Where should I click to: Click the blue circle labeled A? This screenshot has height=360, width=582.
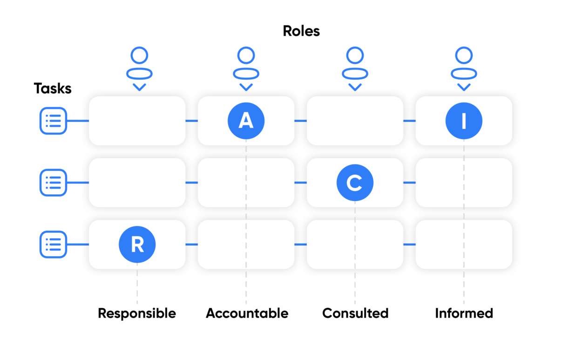pos(246,121)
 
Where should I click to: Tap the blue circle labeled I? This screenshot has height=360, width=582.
pos(464,121)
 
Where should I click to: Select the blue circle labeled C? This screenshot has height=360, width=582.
pos(355,183)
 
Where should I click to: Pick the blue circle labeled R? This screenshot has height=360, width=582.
pos(137,245)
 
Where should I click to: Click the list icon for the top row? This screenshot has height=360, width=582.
pos(53,121)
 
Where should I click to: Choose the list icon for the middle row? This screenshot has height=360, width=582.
pos(53,183)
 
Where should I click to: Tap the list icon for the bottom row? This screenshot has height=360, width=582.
pos(53,245)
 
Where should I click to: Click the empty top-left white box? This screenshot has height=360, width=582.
pos(137,121)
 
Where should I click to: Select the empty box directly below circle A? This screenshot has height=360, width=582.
pos(246,183)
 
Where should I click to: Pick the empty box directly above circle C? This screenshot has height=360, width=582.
pos(355,121)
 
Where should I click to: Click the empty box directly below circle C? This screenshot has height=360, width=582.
pos(355,245)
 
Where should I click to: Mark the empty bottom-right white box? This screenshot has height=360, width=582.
pos(464,245)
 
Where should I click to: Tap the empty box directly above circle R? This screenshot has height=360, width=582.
pos(137,183)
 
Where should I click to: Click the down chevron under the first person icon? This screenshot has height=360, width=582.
pos(139,87)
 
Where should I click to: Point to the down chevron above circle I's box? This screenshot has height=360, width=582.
pos(464,87)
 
